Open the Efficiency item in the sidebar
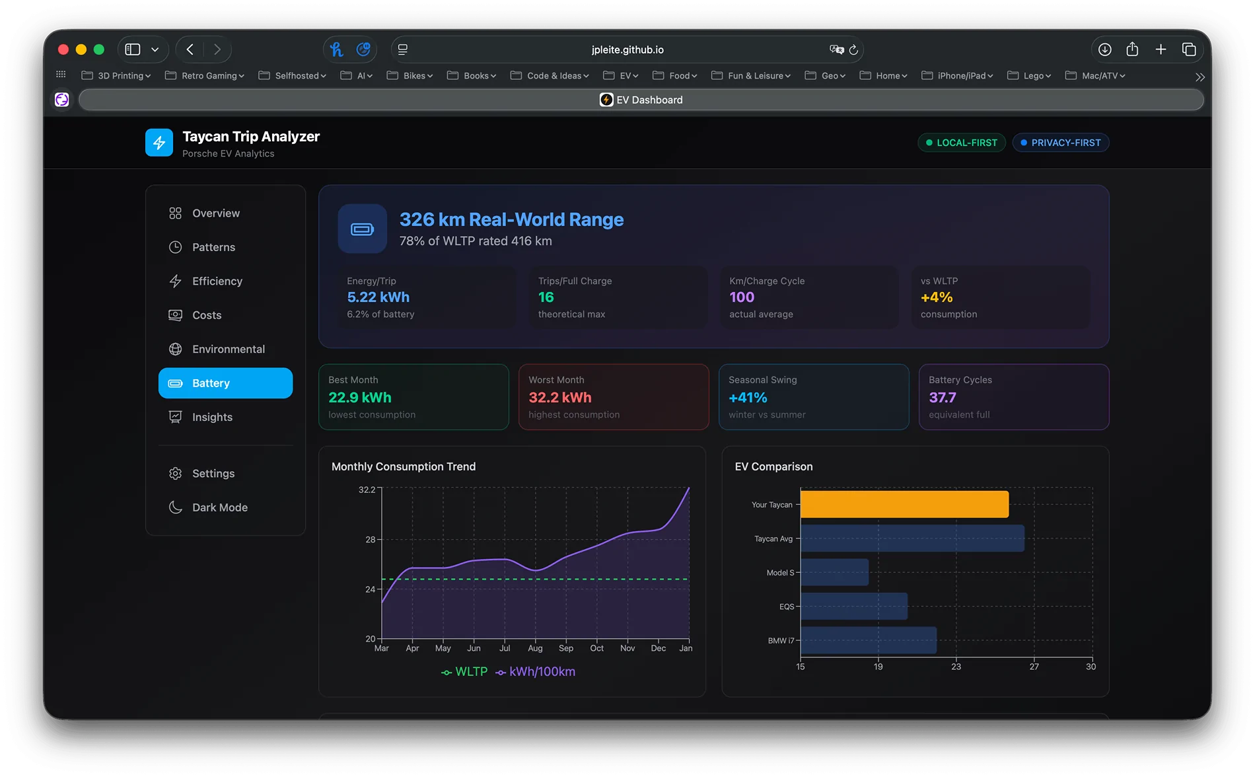tap(217, 281)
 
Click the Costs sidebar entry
tap(206, 315)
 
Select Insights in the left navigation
tap(211, 417)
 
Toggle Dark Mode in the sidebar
tap(219, 507)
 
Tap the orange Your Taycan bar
tap(904, 504)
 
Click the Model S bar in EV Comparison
tap(834, 572)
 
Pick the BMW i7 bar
tap(868, 640)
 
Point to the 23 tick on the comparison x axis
tap(956, 666)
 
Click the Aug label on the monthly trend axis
tap(535, 648)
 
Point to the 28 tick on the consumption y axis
tap(370, 539)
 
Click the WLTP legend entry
tap(464, 671)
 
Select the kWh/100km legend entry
tap(536, 671)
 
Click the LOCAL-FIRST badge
tap(962, 143)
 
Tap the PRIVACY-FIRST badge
tap(1060, 143)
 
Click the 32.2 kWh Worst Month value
tap(559, 398)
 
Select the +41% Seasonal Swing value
tap(748, 398)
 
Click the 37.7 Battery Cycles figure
tap(942, 398)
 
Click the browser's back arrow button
tap(190, 50)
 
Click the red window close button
tap(63, 50)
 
